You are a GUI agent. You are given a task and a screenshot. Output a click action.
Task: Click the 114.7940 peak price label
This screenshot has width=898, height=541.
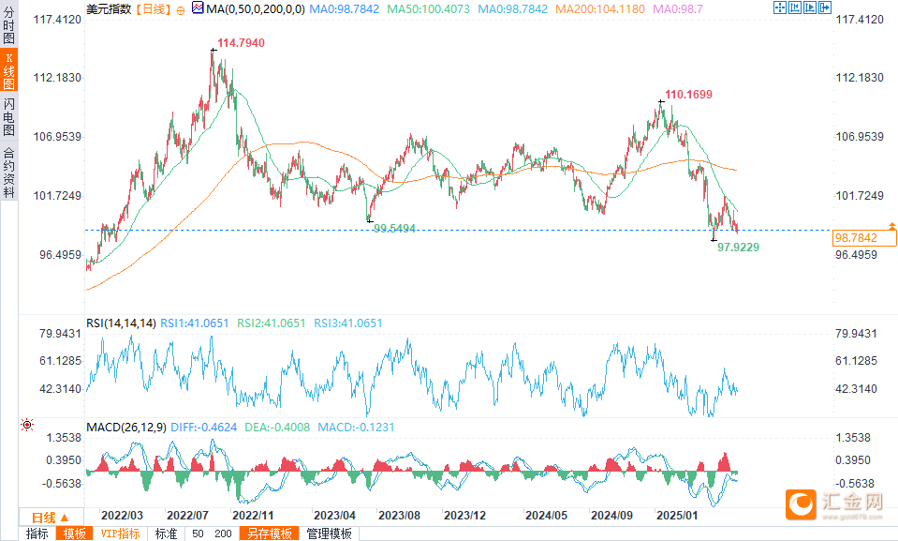pos(241,43)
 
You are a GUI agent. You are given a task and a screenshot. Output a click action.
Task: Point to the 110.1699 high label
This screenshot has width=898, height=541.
pos(688,95)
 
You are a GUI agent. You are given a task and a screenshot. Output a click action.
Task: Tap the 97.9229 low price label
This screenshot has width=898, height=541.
pos(738,247)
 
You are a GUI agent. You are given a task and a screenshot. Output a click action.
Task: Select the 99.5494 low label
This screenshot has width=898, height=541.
pos(394,228)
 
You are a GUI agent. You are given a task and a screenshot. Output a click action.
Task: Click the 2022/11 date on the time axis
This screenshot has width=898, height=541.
pos(252,516)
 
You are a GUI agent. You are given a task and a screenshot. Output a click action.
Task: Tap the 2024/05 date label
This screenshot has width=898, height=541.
pos(546,516)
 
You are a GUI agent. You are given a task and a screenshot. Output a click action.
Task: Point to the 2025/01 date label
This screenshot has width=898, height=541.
pos(678,516)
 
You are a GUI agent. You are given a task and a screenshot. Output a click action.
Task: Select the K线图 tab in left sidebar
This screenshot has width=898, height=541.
pos(9,70)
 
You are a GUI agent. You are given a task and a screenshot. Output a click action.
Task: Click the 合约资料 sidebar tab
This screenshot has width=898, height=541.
pos(9,172)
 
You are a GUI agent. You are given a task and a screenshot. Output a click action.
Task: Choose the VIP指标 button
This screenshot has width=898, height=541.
pos(120,533)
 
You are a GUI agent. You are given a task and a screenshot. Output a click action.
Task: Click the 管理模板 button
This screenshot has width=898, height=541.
pos(330,533)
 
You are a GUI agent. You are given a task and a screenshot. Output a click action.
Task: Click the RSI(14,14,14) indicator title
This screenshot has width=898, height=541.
pos(121,323)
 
